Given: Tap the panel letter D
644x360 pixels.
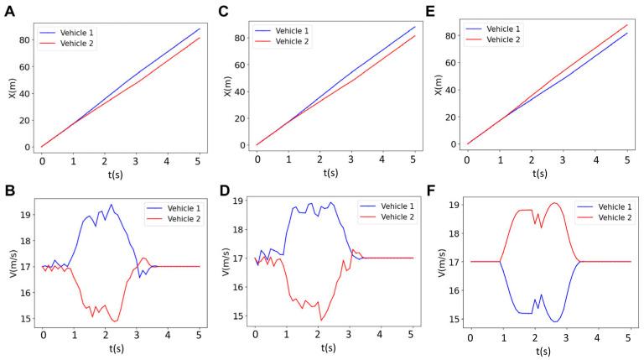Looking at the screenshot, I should (x=222, y=192).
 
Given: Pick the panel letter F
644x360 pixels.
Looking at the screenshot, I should (x=434, y=192).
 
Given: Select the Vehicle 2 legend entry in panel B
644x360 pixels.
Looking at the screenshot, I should (x=174, y=220).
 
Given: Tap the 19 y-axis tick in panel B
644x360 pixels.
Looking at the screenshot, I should (x=23, y=215).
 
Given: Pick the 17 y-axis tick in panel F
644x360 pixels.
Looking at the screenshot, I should (x=450, y=262).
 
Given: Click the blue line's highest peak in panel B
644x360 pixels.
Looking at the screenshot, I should (x=111, y=205).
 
